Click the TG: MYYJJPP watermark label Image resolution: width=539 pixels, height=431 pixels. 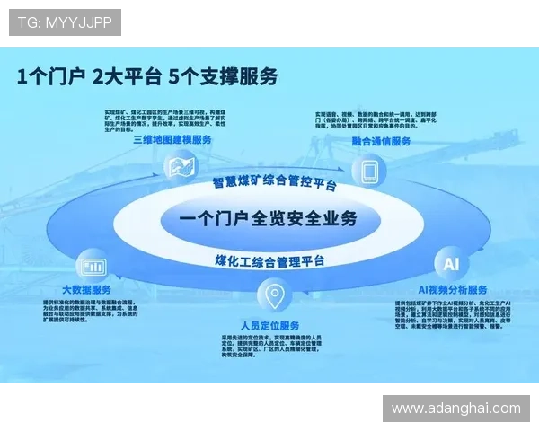click(x=64, y=22)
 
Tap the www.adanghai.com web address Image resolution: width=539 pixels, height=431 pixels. click(x=455, y=409)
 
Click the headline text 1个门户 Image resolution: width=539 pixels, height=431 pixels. click(x=50, y=76)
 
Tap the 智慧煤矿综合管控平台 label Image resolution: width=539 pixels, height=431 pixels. click(x=274, y=183)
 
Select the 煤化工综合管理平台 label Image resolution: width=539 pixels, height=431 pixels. click(x=269, y=260)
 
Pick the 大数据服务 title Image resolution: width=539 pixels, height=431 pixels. click(x=86, y=289)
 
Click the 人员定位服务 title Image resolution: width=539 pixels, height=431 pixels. click(x=269, y=324)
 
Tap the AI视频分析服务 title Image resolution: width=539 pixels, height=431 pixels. click(x=454, y=289)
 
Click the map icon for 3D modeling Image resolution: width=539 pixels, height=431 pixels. click(x=182, y=166)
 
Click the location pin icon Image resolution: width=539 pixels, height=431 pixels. click(x=272, y=295)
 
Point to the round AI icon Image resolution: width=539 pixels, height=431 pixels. click(x=451, y=263)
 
